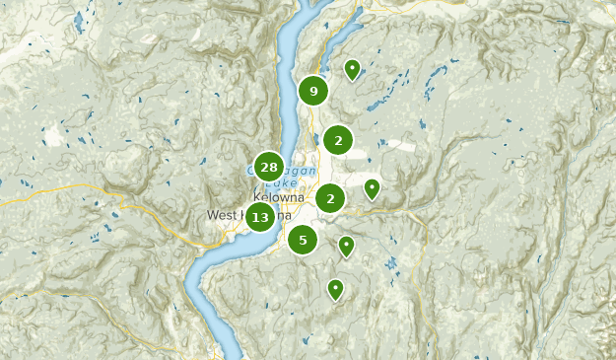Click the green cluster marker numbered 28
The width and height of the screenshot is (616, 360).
pos(269,167)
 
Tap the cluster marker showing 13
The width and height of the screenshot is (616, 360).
pos(260,217)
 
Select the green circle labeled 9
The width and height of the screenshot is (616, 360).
pos(313,92)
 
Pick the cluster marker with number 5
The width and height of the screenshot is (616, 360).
pos(303,239)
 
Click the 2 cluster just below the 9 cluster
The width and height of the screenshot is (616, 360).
pos(338,141)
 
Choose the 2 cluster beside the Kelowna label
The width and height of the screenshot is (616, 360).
pos(330,198)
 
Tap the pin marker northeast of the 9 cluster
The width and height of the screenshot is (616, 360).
pos(352,68)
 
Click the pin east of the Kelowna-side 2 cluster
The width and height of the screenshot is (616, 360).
pos(372,187)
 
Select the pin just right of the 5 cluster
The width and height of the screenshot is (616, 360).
pos(346,245)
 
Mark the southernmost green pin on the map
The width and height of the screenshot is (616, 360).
pos(335,288)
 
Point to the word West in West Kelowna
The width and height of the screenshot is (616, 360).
pos(222,215)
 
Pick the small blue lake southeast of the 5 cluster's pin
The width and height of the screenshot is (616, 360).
pos(392,263)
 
